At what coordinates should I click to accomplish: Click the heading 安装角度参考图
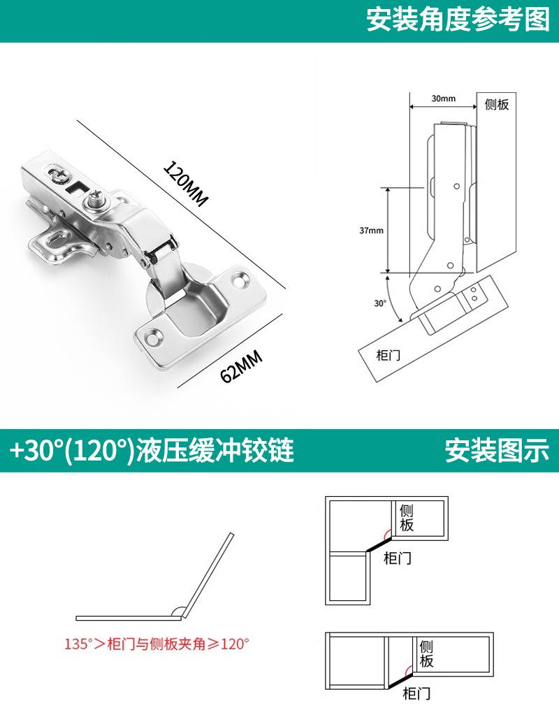[x=458, y=20]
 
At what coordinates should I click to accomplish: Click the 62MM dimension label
[x=241, y=367]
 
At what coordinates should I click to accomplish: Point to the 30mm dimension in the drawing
[x=443, y=99]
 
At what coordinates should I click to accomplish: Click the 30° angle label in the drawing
[x=379, y=303]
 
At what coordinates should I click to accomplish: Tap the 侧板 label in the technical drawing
[x=496, y=105]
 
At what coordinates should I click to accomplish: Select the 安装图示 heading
[x=497, y=451]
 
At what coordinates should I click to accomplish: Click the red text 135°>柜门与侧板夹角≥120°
[x=157, y=644]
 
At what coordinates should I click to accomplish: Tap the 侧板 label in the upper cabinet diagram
[x=406, y=517]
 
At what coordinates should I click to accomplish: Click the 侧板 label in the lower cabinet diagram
[x=426, y=654]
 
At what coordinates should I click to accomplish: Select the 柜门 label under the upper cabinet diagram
[x=398, y=558]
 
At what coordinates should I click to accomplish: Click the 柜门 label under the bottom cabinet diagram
[x=416, y=693]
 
